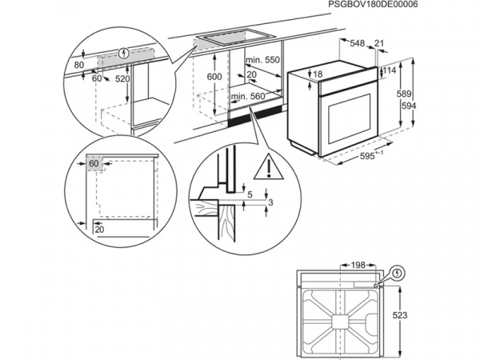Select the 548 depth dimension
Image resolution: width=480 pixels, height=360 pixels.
point(358,42)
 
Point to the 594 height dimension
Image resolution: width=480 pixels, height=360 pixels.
point(430,105)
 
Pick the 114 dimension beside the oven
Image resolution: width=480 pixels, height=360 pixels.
point(390,71)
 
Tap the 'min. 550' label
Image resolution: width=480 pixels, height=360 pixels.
point(262,60)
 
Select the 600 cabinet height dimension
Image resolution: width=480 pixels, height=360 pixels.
point(214,76)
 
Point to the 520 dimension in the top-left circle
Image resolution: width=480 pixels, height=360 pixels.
point(123,79)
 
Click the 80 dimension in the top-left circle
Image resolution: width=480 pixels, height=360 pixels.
point(78,64)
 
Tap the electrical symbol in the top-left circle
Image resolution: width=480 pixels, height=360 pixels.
point(122,54)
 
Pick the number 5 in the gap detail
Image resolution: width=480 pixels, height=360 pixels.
point(250,194)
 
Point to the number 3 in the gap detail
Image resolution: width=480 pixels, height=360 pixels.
point(270,203)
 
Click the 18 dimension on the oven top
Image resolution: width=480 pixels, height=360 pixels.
point(318,74)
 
